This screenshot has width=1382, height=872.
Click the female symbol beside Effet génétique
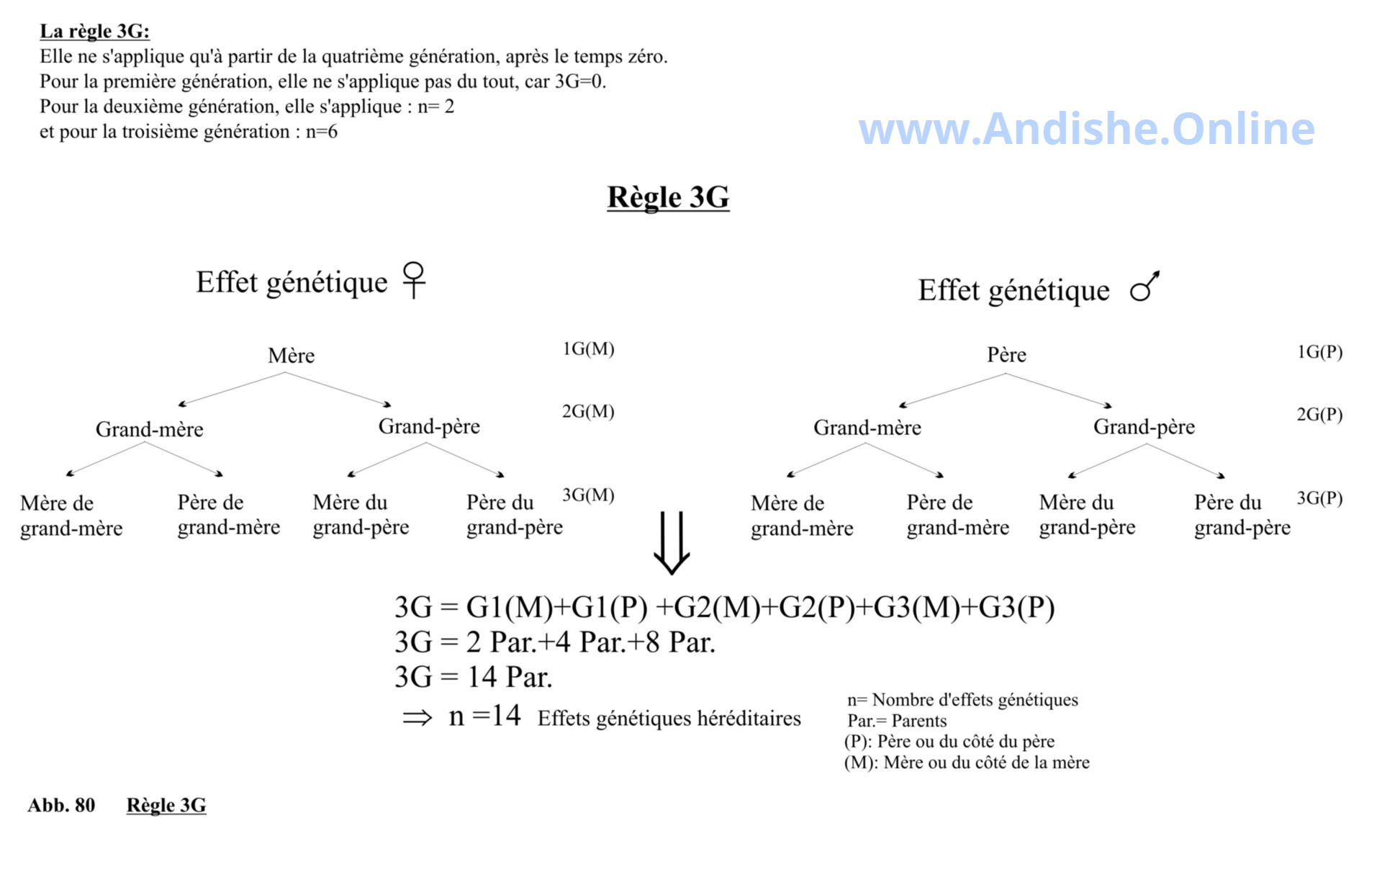414,279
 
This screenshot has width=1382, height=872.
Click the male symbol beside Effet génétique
1144,287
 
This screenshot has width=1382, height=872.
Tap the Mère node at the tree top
291,356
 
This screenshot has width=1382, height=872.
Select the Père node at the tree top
1006,355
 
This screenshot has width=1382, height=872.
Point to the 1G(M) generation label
588,349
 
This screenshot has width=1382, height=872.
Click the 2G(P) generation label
1319,415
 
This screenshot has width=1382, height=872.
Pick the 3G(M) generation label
588,495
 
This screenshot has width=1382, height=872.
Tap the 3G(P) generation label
1319,498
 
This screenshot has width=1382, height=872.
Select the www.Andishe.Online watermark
1087,129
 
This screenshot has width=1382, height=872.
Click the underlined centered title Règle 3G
668,197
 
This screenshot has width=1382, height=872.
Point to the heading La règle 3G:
94,31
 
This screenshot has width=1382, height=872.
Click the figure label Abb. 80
61,805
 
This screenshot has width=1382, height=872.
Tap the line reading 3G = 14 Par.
474,677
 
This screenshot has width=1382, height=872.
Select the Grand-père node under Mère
429,427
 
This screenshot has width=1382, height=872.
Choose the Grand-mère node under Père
867,428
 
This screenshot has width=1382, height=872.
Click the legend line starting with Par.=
897,721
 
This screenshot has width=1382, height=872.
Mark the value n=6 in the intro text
321,132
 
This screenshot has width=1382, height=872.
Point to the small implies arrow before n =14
417,717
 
